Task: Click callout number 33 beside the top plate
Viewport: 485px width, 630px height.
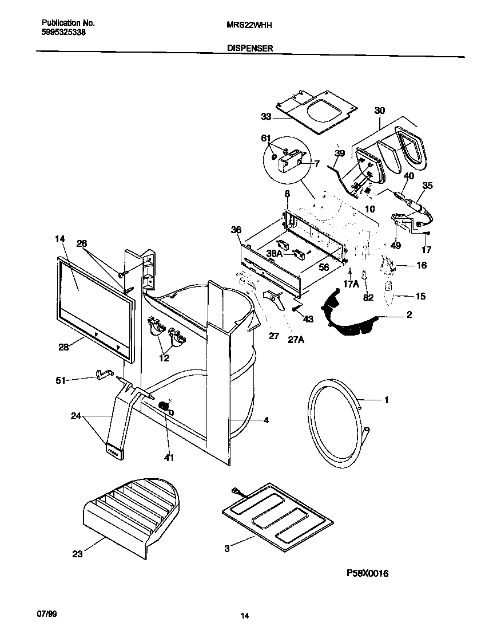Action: [265, 117]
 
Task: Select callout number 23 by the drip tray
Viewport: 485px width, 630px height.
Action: [77, 553]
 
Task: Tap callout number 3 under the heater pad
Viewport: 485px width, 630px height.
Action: [226, 549]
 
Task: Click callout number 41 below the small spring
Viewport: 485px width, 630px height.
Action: [168, 458]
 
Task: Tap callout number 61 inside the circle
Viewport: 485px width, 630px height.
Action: [265, 139]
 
